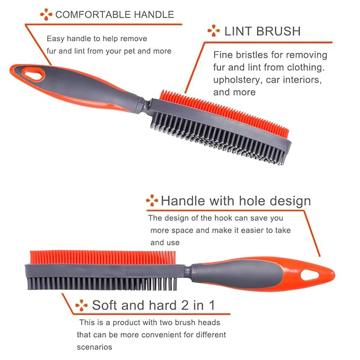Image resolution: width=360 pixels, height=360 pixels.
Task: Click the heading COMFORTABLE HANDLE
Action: pos(114,14)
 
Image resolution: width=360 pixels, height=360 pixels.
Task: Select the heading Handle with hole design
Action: pos(235,201)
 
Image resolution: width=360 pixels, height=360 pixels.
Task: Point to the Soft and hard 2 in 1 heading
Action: pos(153,305)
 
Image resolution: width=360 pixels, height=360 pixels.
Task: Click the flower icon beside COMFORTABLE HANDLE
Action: pos(47,14)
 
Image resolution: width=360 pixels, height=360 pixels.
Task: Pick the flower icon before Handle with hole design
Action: pos(152,200)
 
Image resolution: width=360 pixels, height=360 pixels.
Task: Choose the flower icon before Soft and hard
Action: pos(81,305)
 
